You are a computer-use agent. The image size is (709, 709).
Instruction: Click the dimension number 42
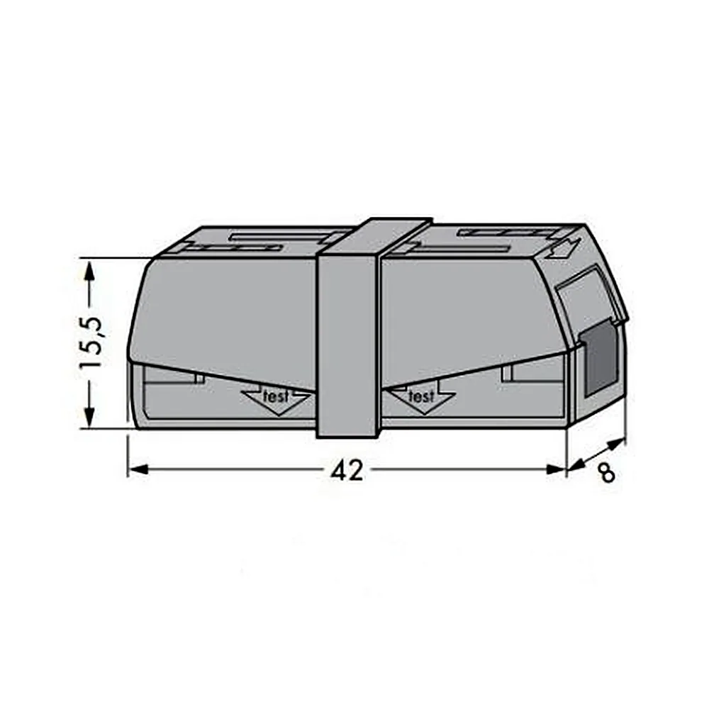point(347,471)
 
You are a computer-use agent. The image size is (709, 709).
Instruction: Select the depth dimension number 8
point(606,473)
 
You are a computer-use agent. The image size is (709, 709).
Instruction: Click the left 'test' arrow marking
point(277,401)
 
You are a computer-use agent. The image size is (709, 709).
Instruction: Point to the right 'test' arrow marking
point(421,401)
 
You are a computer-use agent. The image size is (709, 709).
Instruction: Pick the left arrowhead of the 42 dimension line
point(138,469)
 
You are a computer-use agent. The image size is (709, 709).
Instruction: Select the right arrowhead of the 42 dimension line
point(556,469)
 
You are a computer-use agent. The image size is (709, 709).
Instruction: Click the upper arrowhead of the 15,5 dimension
point(89,274)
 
